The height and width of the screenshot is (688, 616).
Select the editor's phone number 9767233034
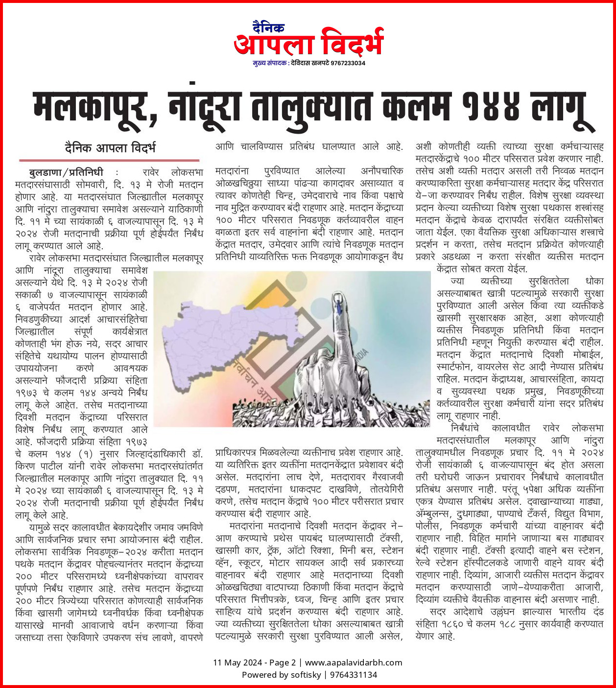coord(348,63)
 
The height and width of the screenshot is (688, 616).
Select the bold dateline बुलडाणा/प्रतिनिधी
coord(67,172)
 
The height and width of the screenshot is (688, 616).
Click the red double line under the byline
coord(109,160)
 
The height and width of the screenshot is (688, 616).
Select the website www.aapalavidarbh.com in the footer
coord(354,663)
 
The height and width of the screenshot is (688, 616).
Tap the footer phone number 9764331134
coord(353,675)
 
